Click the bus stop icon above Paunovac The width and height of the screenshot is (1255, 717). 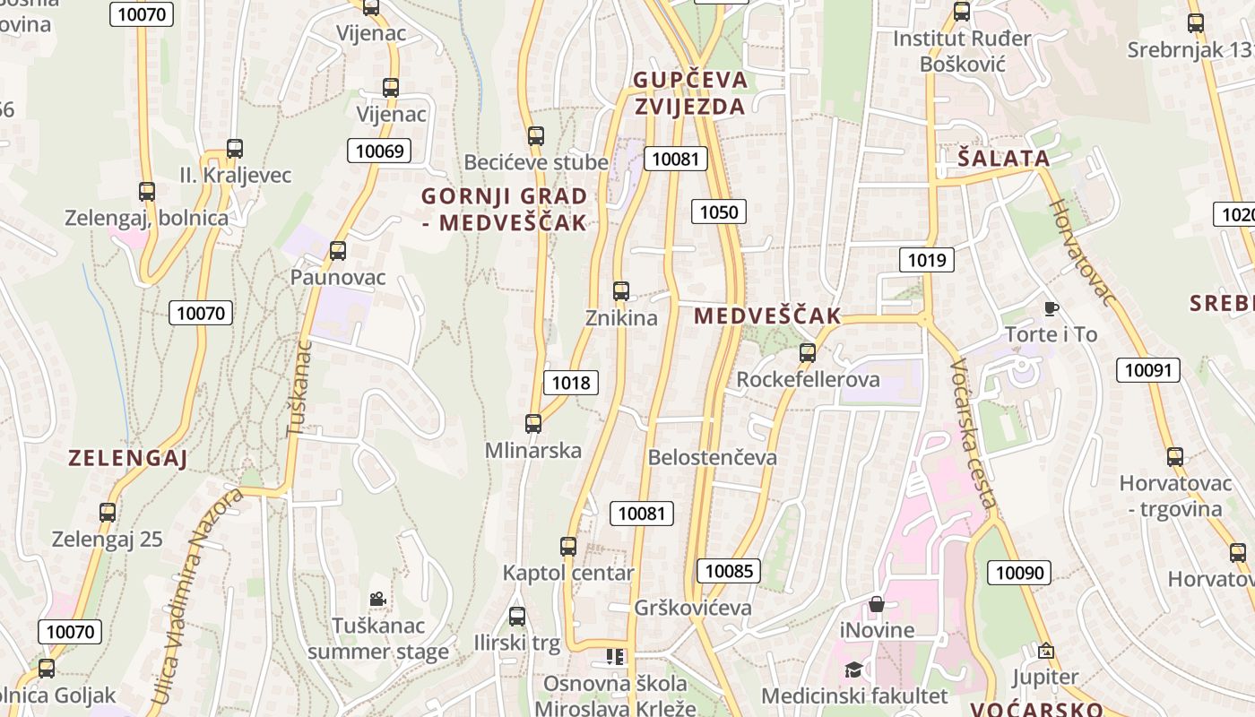pyautogui.click(x=338, y=251)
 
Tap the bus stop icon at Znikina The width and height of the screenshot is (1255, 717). pyautogui.click(x=621, y=291)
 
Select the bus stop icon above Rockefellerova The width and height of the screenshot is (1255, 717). pyautogui.click(x=808, y=353)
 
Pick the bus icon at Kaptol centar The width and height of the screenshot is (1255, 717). pyautogui.click(x=568, y=547)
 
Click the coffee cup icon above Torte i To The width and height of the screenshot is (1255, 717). pyautogui.click(x=1052, y=309)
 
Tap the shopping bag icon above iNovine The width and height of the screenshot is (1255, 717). pyautogui.click(x=877, y=605)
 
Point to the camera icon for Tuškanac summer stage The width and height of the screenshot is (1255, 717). pyautogui.click(x=377, y=599)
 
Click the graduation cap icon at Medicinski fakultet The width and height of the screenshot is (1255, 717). pyautogui.click(x=853, y=670)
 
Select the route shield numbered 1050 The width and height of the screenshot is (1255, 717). pyautogui.click(x=719, y=212)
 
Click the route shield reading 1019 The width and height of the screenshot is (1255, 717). pyautogui.click(x=927, y=260)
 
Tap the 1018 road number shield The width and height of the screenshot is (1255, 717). pyautogui.click(x=571, y=383)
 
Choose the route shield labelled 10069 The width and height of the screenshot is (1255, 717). pyautogui.click(x=379, y=151)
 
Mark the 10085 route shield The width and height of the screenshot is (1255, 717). pyautogui.click(x=728, y=571)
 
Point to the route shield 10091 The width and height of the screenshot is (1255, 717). pyautogui.click(x=1147, y=369)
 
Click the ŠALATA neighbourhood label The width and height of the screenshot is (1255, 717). pyautogui.click(x=1003, y=159)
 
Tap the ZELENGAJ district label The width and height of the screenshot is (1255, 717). pyautogui.click(x=128, y=459)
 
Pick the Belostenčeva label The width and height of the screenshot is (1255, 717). pyautogui.click(x=713, y=457)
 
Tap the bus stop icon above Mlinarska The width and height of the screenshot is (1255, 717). pyautogui.click(x=533, y=424)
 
